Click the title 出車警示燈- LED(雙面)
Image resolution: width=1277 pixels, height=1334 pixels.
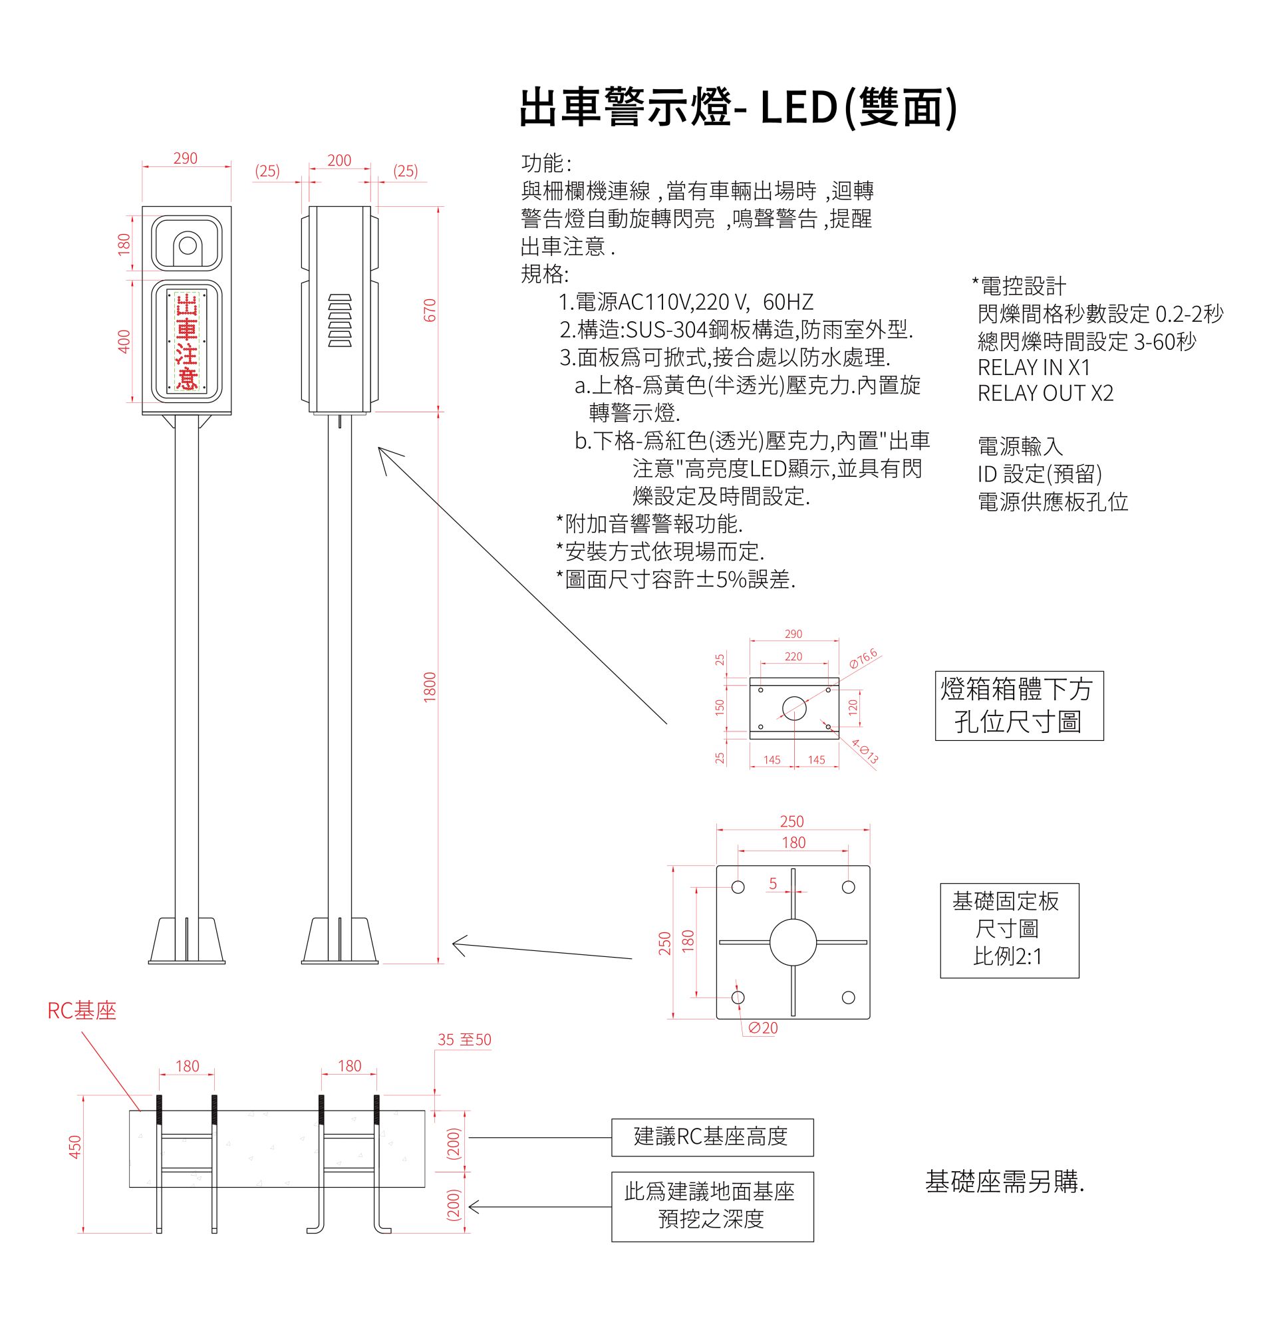coord(738,108)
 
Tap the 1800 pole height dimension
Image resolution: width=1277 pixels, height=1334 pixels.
coord(430,687)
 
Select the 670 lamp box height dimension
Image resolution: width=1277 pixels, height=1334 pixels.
coord(430,310)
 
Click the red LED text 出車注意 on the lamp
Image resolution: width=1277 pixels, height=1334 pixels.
coord(186,342)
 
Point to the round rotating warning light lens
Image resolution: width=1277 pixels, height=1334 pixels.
coord(188,245)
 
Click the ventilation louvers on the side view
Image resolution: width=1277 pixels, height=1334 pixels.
coord(340,321)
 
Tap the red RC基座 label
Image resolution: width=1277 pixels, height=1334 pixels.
coord(82,1011)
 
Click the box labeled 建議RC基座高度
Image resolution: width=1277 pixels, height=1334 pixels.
coord(712,1136)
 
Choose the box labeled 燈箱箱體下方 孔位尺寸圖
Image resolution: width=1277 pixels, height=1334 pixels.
coord(1018,706)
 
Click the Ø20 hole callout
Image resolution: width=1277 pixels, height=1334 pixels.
coord(762,1027)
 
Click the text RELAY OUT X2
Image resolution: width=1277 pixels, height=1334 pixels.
coord(1046,394)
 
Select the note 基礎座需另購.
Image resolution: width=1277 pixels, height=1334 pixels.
coord(1004,1182)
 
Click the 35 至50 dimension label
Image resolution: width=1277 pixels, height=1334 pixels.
coord(464,1039)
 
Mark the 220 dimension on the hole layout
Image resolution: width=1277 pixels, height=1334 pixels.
coord(793,657)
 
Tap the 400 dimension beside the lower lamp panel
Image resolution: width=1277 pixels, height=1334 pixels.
coord(124,342)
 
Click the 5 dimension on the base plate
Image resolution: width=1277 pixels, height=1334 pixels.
coord(773,883)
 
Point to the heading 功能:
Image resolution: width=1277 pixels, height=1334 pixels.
coord(546,164)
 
